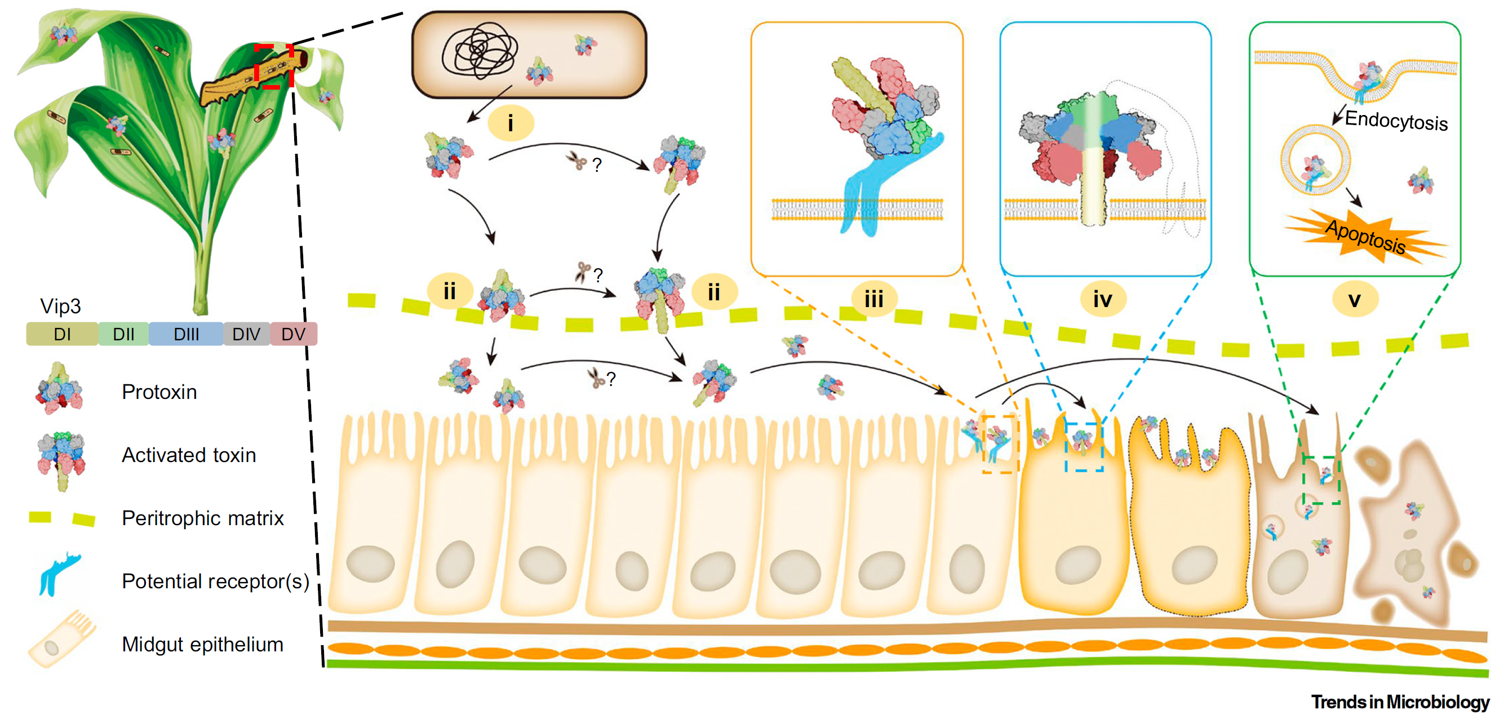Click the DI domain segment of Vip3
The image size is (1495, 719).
[x=62, y=334]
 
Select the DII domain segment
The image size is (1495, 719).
[x=123, y=334]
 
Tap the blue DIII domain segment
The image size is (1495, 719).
[x=186, y=334]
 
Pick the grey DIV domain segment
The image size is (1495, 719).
[x=246, y=334]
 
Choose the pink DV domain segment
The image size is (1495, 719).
[x=293, y=334]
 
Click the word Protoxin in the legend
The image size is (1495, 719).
[x=159, y=392]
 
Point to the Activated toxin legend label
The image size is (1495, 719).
[x=189, y=455]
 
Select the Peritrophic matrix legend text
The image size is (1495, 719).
[x=202, y=518]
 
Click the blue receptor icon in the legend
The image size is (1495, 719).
[x=58, y=574]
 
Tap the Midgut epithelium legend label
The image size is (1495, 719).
[x=202, y=645]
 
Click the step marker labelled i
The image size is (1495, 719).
[x=510, y=123]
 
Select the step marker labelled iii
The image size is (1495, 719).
[x=873, y=299]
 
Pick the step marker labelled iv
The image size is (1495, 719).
[x=1103, y=299]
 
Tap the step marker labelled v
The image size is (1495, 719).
[x=1354, y=299]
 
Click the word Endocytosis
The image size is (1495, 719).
[x=1396, y=121]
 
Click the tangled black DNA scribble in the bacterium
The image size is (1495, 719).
[x=480, y=50]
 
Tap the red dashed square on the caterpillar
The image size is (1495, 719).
[x=273, y=66]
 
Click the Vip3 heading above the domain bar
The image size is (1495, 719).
[x=60, y=306]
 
